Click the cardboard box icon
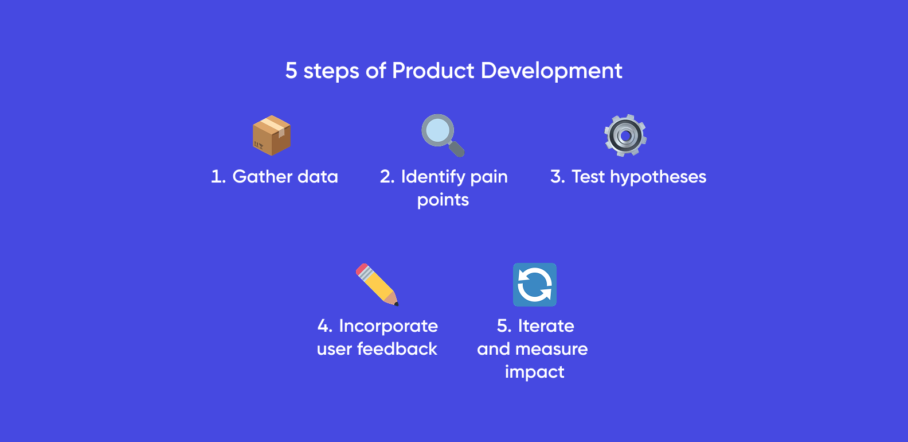click(x=272, y=135)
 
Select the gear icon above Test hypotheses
click(x=625, y=135)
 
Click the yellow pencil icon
click(x=377, y=285)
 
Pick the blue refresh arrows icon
click(x=535, y=285)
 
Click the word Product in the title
click(x=433, y=71)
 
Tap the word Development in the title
click(x=551, y=71)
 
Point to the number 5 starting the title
click(x=291, y=71)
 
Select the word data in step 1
click(x=318, y=177)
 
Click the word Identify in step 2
click(x=433, y=177)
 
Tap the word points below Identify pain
click(x=443, y=200)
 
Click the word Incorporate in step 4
click(x=388, y=326)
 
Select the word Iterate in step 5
click(x=546, y=326)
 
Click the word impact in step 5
click(x=535, y=373)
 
